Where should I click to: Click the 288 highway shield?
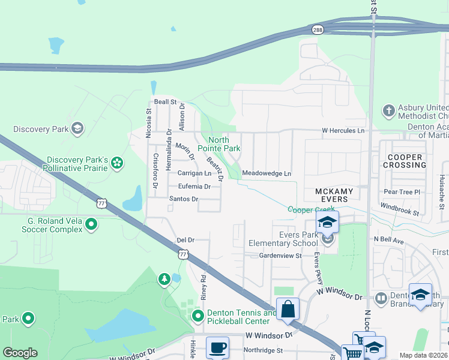click(x=317, y=29)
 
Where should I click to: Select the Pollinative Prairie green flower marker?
click(x=118, y=163)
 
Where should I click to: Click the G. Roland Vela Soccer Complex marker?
click(x=91, y=224)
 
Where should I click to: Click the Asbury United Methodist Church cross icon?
click(x=388, y=110)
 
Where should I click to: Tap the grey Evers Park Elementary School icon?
click(x=327, y=239)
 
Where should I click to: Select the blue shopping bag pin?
click(x=288, y=309)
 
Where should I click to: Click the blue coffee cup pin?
click(x=217, y=347)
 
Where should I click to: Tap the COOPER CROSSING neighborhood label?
click(x=403, y=161)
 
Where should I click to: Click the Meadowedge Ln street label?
click(x=267, y=174)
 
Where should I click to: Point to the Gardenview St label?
click(x=280, y=256)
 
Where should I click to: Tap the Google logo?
click(x=20, y=353)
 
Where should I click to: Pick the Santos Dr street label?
click(x=183, y=199)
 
